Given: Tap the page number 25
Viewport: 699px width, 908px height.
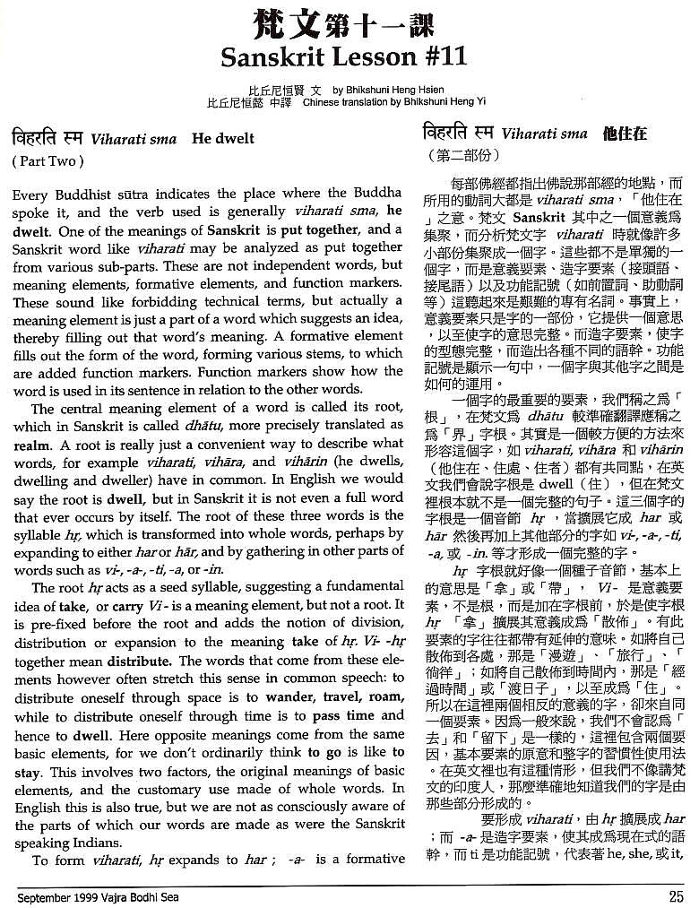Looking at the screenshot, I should tap(677, 894).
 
